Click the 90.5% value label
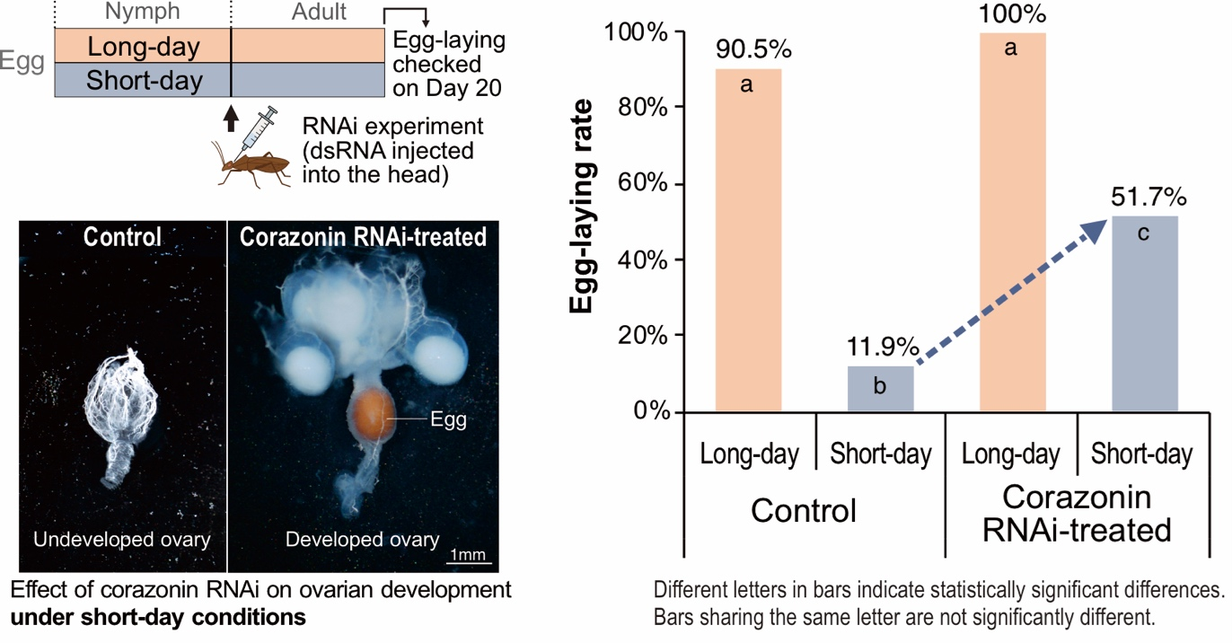(x=748, y=51)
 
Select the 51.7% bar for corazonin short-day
(x=1144, y=313)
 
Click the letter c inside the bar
(x=1144, y=233)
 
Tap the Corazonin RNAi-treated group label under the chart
(x=1077, y=514)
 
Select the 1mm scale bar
(x=469, y=564)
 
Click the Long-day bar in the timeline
(x=143, y=46)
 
